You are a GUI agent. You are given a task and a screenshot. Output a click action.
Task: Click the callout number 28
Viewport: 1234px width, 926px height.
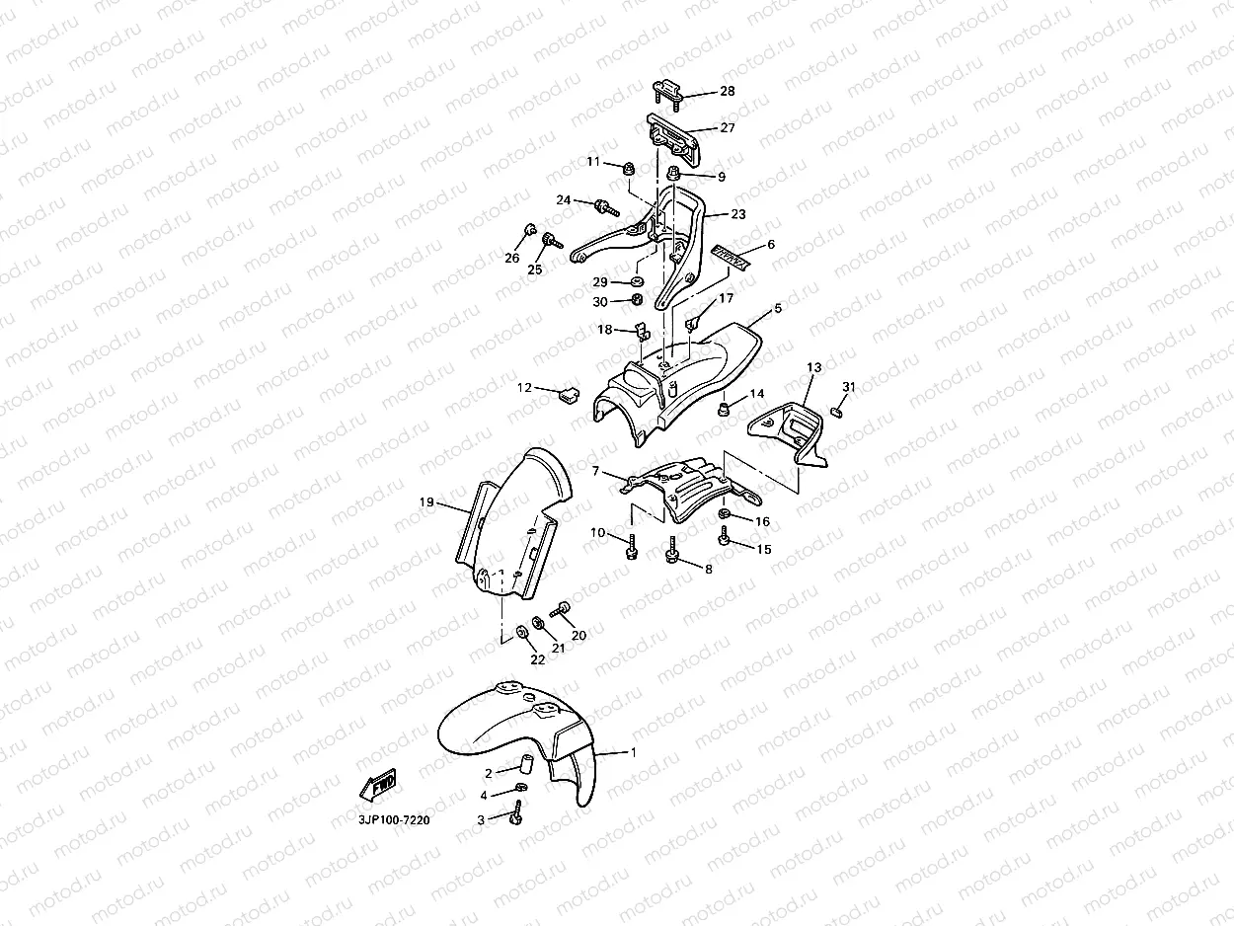(727, 91)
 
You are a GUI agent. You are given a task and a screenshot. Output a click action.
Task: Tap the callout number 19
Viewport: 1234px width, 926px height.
(426, 502)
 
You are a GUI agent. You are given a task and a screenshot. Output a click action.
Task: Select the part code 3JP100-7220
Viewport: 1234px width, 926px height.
(394, 819)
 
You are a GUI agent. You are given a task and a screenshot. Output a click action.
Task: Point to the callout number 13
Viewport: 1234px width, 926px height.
(813, 367)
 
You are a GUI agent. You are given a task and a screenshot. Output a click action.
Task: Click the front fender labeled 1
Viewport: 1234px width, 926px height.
(513, 731)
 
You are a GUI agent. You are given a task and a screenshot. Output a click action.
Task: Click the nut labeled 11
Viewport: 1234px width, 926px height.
(627, 170)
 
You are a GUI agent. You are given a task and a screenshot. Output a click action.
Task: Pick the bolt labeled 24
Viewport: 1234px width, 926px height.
(601, 206)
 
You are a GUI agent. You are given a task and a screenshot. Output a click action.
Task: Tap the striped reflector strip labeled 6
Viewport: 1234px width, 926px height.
(732, 257)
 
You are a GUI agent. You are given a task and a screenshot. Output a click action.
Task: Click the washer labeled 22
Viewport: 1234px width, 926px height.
(520, 629)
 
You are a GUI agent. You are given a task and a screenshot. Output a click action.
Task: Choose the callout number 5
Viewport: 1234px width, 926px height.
(778, 308)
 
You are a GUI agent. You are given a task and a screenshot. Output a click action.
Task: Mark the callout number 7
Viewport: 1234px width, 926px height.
(595, 472)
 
